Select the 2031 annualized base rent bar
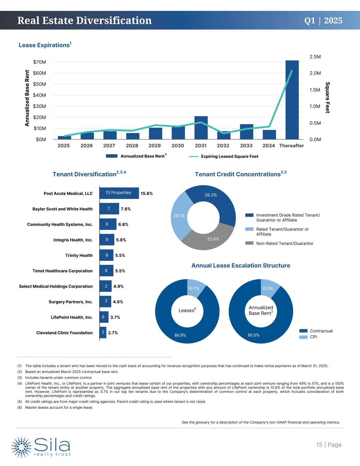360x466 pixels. (201, 128)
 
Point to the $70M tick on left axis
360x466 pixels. (40, 62)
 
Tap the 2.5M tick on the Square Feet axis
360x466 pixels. (315, 57)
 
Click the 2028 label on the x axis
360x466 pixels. (132, 146)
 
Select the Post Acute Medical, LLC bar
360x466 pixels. (119, 193)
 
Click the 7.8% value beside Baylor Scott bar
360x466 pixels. (126, 209)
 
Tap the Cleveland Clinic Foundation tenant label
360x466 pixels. (64, 333)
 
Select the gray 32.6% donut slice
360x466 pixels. (213, 239)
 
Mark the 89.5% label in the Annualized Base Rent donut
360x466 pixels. (254, 335)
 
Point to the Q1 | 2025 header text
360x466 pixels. (323, 20)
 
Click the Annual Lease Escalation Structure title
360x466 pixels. (241, 265)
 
